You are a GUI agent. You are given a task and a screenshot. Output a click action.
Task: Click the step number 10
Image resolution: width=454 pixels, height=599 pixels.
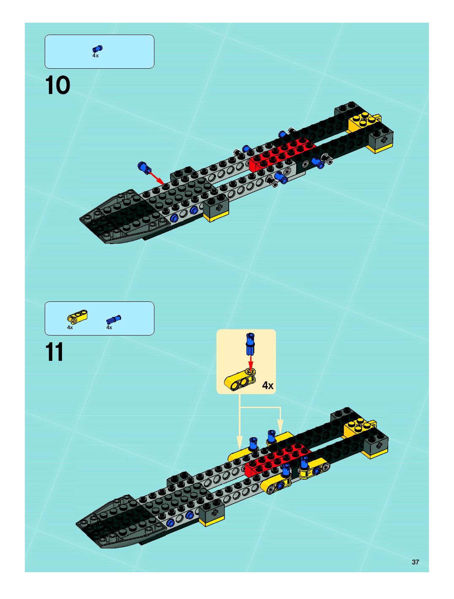click(57, 85)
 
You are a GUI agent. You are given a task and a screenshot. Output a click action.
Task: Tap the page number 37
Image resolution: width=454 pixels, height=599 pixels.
click(415, 562)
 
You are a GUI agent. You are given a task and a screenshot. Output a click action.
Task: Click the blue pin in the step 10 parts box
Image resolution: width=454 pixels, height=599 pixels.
click(97, 49)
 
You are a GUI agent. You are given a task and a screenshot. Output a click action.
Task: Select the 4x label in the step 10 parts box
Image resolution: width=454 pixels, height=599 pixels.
click(95, 55)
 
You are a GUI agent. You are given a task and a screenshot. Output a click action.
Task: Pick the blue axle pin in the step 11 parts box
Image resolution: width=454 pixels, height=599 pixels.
click(113, 320)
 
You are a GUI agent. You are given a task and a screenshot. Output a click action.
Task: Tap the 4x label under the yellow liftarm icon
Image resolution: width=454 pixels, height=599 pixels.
click(70, 327)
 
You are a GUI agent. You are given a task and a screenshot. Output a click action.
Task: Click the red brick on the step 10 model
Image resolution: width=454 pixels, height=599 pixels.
click(282, 153)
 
